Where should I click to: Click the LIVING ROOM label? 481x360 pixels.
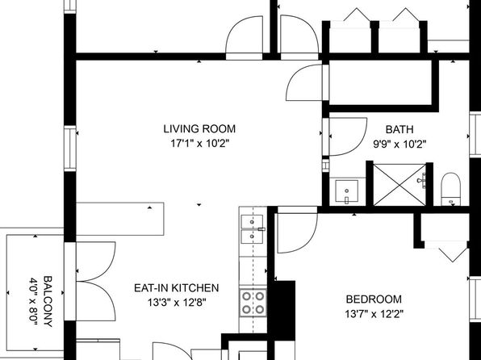click(199, 129)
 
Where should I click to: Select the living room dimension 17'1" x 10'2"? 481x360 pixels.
click(200, 144)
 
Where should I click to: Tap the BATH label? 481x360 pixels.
click(399, 129)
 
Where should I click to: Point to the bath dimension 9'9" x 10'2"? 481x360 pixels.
click(399, 144)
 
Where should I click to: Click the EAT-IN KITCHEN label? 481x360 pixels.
click(177, 288)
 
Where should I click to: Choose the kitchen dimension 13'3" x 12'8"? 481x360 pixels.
click(177, 303)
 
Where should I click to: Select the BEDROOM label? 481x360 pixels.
click(374, 299)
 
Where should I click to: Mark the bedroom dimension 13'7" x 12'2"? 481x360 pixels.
click(374, 314)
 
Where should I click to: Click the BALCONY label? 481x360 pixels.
click(48, 301)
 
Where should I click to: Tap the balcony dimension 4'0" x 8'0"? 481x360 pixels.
click(33, 299)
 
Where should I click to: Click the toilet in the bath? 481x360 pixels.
click(450, 189)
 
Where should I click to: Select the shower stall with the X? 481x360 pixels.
click(399, 185)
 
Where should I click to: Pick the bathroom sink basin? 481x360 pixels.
click(347, 191)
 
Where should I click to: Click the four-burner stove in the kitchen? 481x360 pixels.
click(253, 303)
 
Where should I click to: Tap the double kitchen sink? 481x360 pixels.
click(252, 229)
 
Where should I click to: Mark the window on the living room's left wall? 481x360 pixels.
click(70, 149)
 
